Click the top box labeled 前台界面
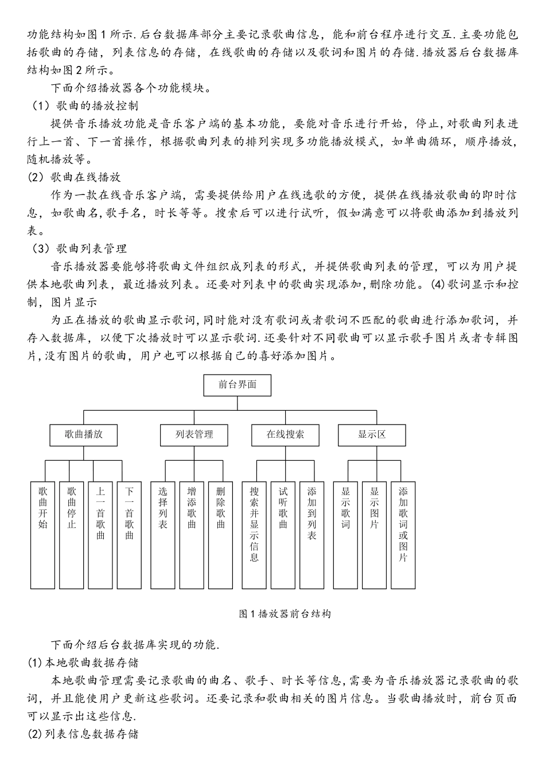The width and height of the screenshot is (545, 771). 237,385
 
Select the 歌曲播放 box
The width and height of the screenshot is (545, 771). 84,435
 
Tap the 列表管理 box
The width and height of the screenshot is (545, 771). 194,435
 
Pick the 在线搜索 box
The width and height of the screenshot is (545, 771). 285,435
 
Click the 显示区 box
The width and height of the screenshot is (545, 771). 372,435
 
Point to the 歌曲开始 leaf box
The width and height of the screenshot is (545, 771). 43,535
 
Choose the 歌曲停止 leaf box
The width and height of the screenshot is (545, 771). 72,535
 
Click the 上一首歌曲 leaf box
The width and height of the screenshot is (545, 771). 100,535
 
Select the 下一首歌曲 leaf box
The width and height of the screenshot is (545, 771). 129,535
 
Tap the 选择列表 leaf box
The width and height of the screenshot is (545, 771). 163,535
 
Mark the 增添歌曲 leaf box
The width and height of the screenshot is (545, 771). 192,535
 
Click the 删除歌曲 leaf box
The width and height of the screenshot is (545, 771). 221,535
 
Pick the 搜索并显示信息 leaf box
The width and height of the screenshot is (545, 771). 254,535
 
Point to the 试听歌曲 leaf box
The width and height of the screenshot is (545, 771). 283,535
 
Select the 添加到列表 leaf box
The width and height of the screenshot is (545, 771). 312,535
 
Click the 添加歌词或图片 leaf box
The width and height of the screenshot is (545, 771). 403,535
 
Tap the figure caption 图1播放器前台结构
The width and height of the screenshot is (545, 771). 285,614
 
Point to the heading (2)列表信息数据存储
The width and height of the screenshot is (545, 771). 83,734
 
